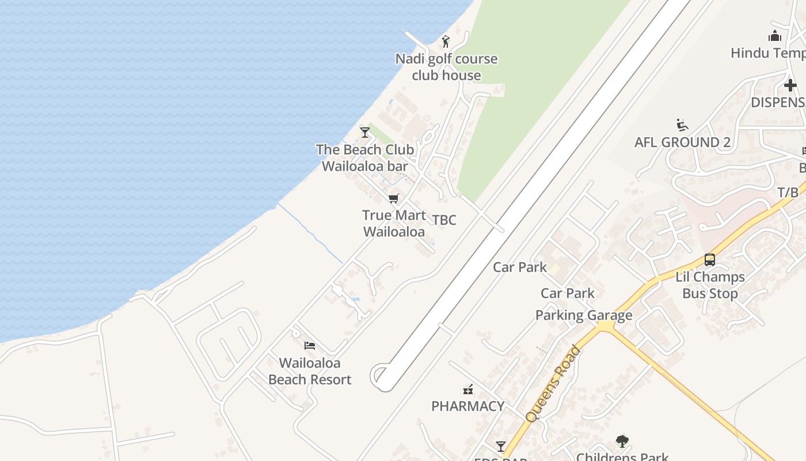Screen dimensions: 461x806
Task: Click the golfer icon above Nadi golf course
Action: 445,41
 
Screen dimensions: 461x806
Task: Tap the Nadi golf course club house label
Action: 446,67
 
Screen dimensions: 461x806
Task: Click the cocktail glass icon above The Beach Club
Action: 364,132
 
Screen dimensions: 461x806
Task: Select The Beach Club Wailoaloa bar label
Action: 365,158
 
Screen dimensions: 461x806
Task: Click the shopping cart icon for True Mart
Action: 394,199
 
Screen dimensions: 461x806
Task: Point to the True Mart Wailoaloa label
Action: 394,224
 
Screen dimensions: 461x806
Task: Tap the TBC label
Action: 444,220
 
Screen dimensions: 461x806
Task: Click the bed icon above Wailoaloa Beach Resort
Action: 310,346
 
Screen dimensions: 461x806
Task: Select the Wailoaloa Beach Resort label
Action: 310,371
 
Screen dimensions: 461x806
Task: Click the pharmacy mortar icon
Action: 468,390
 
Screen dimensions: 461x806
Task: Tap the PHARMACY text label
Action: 467,406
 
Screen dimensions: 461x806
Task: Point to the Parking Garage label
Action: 584,315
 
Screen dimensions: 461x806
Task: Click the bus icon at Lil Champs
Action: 710,260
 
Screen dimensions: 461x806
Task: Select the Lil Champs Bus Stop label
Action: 710,285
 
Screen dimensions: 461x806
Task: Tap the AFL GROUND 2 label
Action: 682,142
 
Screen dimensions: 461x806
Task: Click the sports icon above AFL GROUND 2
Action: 682,125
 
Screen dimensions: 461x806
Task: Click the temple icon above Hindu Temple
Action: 775,36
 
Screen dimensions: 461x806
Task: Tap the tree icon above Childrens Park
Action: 622,441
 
